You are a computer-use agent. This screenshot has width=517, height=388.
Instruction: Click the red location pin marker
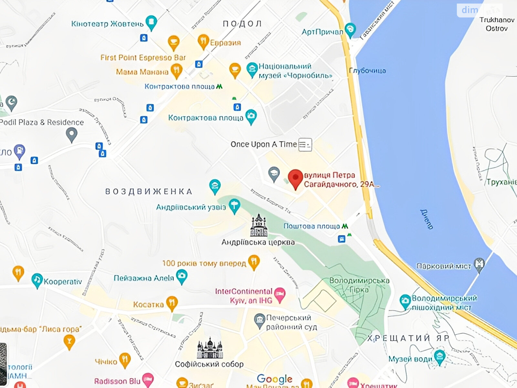point(295,178)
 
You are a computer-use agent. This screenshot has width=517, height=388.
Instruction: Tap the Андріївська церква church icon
point(258,225)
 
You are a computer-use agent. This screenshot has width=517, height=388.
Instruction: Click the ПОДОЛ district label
point(242,24)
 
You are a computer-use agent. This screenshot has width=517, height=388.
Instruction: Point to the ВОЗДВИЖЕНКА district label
point(149,191)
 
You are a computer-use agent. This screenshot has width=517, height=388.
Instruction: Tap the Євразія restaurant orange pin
point(203,41)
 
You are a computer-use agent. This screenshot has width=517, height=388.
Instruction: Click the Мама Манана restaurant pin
point(176,70)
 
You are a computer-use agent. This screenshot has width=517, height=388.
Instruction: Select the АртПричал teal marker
point(350,30)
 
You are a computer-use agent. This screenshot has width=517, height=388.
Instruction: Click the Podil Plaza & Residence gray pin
point(71,134)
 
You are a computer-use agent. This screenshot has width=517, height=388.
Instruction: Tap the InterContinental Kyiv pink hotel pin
point(280,295)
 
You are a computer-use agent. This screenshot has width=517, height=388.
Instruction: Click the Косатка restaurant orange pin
point(172,303)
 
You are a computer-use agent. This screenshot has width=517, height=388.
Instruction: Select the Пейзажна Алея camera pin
point(182,277)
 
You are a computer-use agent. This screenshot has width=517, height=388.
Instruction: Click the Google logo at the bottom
point(275,379)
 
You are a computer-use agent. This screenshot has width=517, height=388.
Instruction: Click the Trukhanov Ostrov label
point(497,24)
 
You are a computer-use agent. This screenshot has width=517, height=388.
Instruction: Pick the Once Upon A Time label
point(263,144)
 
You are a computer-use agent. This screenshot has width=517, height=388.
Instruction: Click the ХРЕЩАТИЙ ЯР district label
point(408,338)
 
